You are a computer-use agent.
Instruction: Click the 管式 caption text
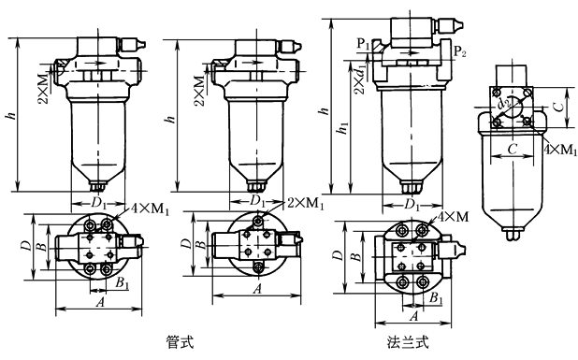click(180, 342)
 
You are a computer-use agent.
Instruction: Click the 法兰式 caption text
click(408, 342)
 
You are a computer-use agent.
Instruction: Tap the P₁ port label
click(363, 44)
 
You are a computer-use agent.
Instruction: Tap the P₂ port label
click(459, 50)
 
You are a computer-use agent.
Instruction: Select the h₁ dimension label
click(343, 127)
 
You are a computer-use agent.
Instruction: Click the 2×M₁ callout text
click(306, 203)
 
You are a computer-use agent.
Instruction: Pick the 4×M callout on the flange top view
click(453, 217)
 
